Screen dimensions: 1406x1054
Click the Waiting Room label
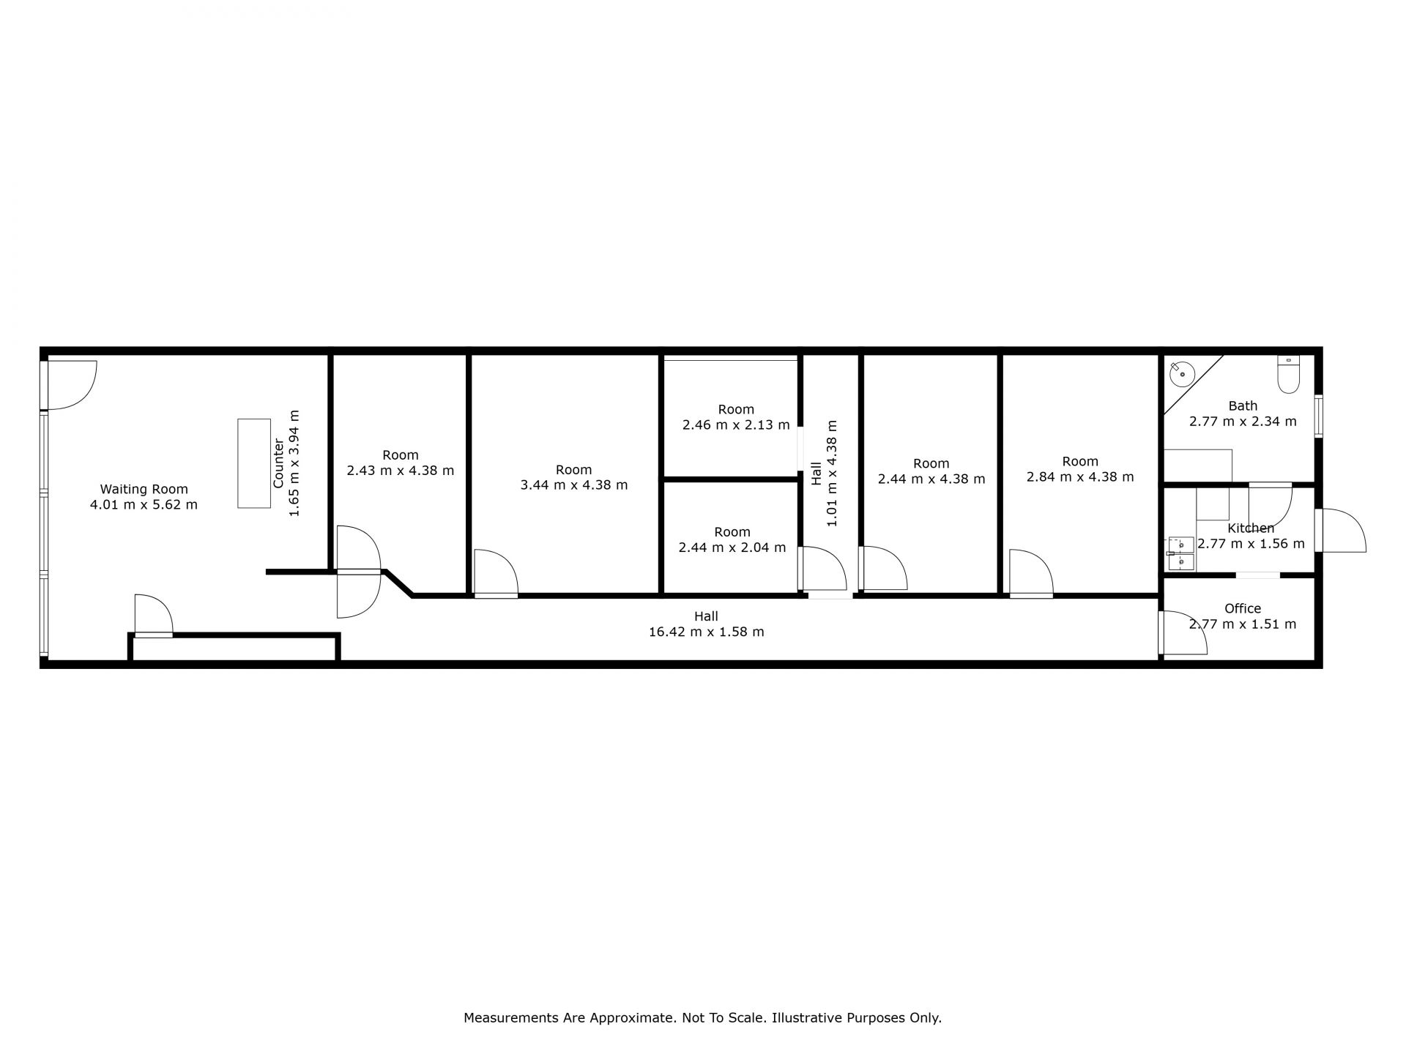tap(144, 489)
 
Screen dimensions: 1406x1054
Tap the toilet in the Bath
tap(1288, 374)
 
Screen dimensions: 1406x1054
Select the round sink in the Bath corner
tap(1182, 374)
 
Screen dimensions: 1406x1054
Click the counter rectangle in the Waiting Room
tap(254, 463)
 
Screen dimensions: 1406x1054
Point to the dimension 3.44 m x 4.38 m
tap(573, 485)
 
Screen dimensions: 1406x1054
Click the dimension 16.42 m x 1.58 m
tap(706, 632)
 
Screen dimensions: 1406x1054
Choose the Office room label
tap(1243, 608)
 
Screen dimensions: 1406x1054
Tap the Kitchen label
tap(1251, 528)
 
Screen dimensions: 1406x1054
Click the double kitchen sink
tap(1180, 553)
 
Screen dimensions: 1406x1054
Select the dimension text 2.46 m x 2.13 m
tap(736, 425)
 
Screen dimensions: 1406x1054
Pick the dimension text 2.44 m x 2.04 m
tap(732, 547)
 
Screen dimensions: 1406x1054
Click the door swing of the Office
tap(1183, 632)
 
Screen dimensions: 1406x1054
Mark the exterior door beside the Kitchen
tap(1342, 531)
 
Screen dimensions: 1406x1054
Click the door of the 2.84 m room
tap(1031, 573)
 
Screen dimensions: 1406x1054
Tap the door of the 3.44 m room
tap(496, 573)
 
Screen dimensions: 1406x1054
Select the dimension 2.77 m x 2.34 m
tap(1243, 422)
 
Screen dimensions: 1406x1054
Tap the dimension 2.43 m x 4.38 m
tap(401, 471)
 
